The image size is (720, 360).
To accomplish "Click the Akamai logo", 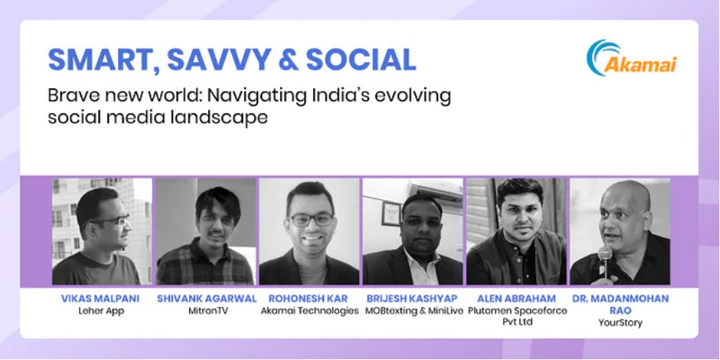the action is tap(631, 58).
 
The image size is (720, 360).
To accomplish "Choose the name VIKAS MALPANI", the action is tap(100, 299).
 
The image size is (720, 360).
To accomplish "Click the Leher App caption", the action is tap(100, 311).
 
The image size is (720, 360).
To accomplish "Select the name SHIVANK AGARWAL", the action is tap(207, 299).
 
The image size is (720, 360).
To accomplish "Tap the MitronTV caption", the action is tap(208, 311).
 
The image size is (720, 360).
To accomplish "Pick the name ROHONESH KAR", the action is tap(309, 299).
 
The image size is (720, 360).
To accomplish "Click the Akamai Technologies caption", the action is tap(309, 311).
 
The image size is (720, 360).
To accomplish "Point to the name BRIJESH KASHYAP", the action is tap(412, 299).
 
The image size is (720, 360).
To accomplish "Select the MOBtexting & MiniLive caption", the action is tap(414, 311).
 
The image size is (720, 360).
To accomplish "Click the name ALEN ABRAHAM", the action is tap(516, 299).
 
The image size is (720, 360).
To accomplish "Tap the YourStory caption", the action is tap(620, 322).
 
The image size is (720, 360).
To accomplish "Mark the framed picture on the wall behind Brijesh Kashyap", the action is tap(391, 214).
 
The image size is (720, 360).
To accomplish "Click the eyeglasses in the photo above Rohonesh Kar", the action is tap(311, 220).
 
